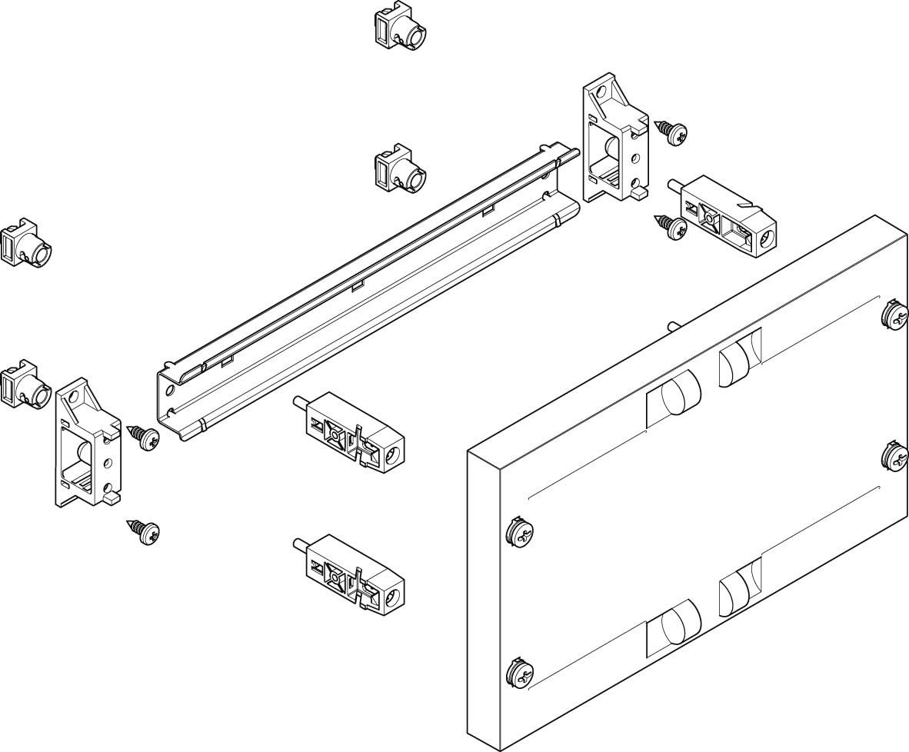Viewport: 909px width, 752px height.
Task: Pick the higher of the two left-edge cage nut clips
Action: [x=27, y=244]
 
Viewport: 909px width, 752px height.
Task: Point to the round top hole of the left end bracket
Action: [x=75, y=398]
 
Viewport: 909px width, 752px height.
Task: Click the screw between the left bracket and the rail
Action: [x=145, y=438]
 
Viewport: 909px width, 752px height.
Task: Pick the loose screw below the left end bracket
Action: [x=145, y=530]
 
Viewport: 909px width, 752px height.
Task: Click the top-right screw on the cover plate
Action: [x=894, y=315]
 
